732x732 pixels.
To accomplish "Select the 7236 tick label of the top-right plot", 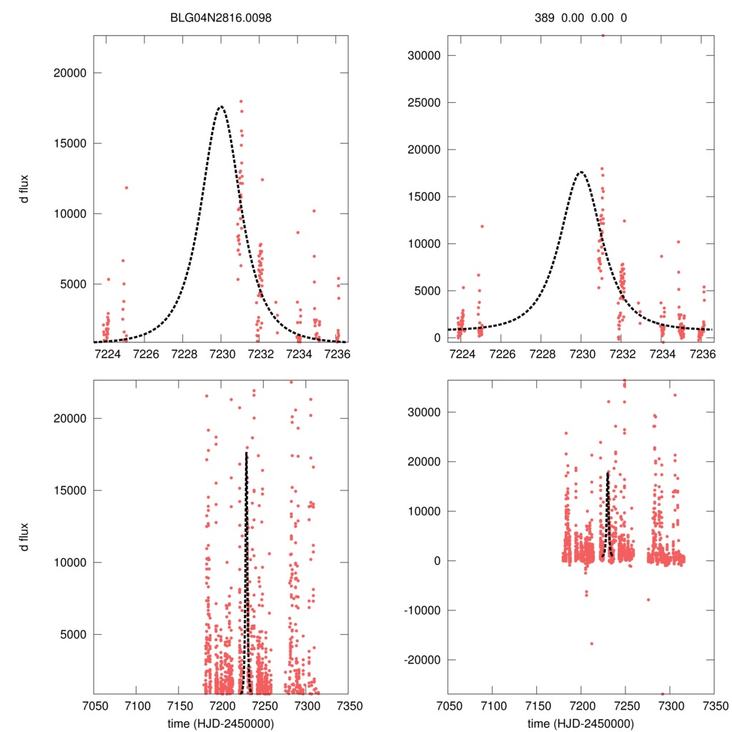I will pos(706,353).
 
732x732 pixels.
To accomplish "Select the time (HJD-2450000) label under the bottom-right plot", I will pos(580,723).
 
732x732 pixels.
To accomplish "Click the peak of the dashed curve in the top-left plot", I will pos(221,107).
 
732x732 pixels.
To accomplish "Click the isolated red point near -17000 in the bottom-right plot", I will pos(591,643).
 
